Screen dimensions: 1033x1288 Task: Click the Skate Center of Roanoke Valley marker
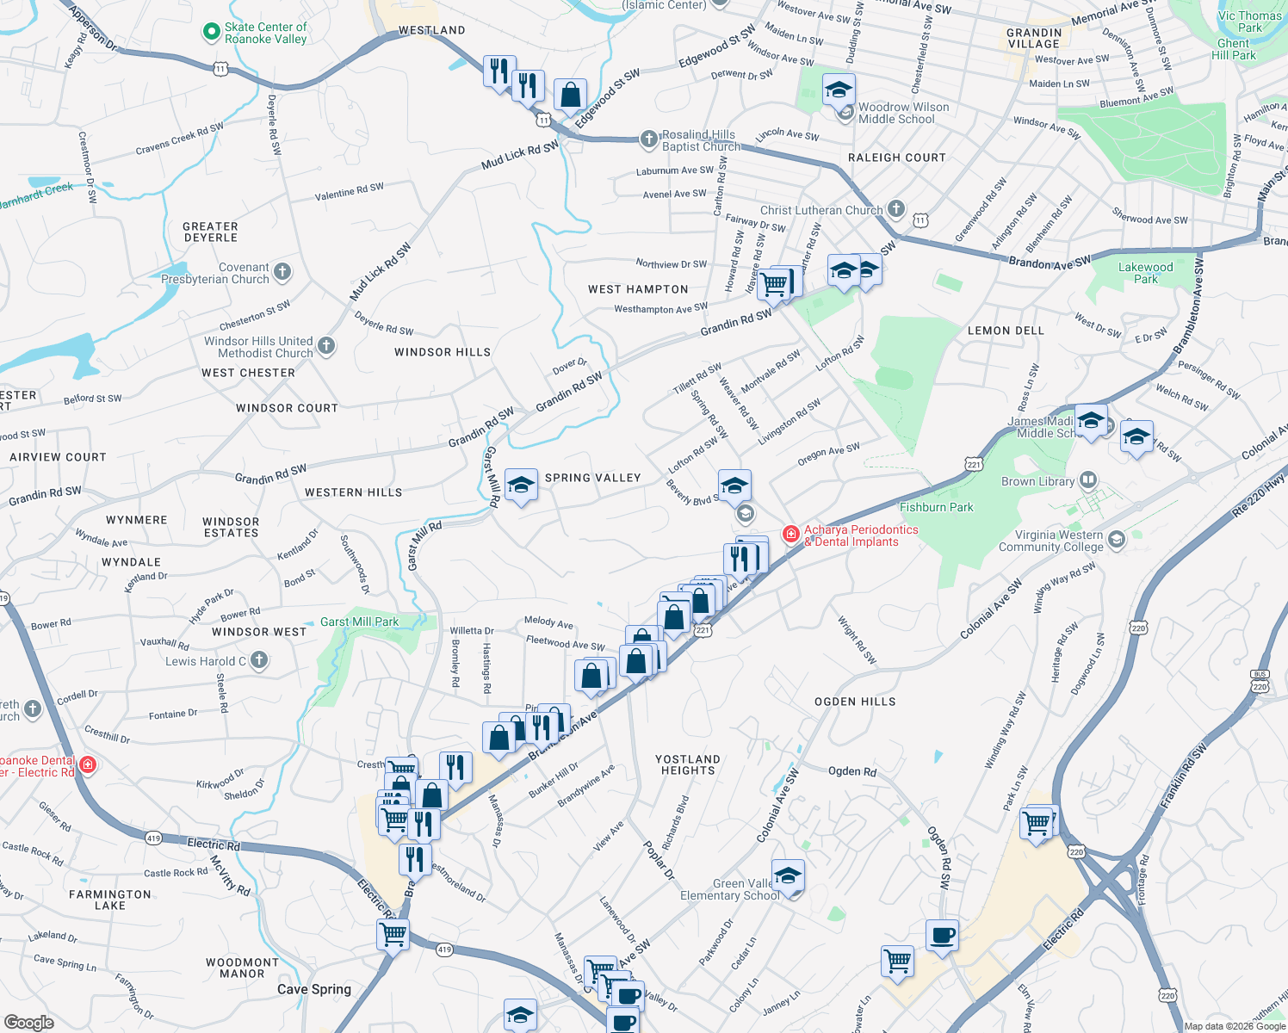[x=212, y=33]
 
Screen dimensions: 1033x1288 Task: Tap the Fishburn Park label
[x=936, y=507]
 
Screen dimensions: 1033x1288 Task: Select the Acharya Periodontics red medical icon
[x=790, y=535]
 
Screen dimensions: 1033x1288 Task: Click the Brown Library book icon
[x=1088, y=480]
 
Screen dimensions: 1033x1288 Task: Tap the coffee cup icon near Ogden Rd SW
[x=943, y=936]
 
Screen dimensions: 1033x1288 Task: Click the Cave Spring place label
[x=313, y=989]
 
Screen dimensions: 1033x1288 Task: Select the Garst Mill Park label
[x=359, y=622]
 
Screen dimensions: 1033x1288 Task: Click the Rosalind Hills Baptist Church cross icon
[x=649, y=139]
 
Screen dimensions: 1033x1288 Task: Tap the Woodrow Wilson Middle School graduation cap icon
[x=839, y=90]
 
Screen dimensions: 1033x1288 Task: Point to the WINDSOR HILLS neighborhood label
[x=442, y=352]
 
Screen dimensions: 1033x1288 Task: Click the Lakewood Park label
[x=1145, y=273]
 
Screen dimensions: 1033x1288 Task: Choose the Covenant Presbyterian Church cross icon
[x=282, y=273]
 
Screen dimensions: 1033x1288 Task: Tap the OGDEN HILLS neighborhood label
[x=854, y=702]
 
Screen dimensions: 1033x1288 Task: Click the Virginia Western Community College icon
[x=1117, y=540]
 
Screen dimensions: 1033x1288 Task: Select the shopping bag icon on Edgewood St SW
[x=570, y=96]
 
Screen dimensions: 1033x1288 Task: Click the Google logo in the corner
[x=28, y=1022]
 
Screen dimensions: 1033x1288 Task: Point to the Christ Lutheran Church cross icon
[x=896, y=208]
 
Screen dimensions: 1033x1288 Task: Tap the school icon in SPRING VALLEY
[x=521, y=486]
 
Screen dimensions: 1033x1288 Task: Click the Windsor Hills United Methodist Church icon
[x=326, y=346]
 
